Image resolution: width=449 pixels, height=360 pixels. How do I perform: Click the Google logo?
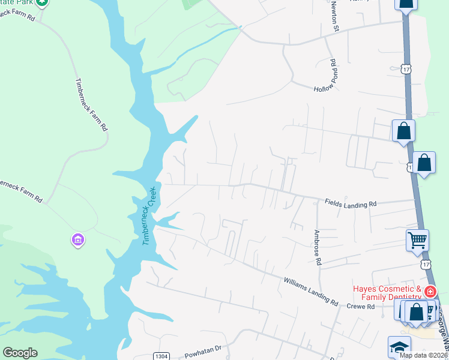tap(20, 353)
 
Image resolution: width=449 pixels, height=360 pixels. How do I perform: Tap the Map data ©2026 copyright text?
tap(423, 355)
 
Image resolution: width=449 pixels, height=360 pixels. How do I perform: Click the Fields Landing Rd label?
tap(351, 204)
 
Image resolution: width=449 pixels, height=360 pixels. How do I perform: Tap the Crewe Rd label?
tap(361, 307)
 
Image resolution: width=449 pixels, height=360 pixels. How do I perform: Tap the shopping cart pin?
tap(417, 240)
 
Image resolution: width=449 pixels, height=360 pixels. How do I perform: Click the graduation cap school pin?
tap(399, 347)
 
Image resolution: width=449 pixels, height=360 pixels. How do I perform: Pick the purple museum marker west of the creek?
tap(77, 241)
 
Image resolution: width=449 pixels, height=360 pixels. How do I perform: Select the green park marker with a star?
tap(41, 2)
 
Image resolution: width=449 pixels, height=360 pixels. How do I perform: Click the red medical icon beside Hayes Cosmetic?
tap(430, 292)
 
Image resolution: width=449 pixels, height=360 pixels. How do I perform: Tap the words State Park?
tap(17, 3)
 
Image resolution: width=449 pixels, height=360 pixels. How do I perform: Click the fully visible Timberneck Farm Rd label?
tap(91, 106)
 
